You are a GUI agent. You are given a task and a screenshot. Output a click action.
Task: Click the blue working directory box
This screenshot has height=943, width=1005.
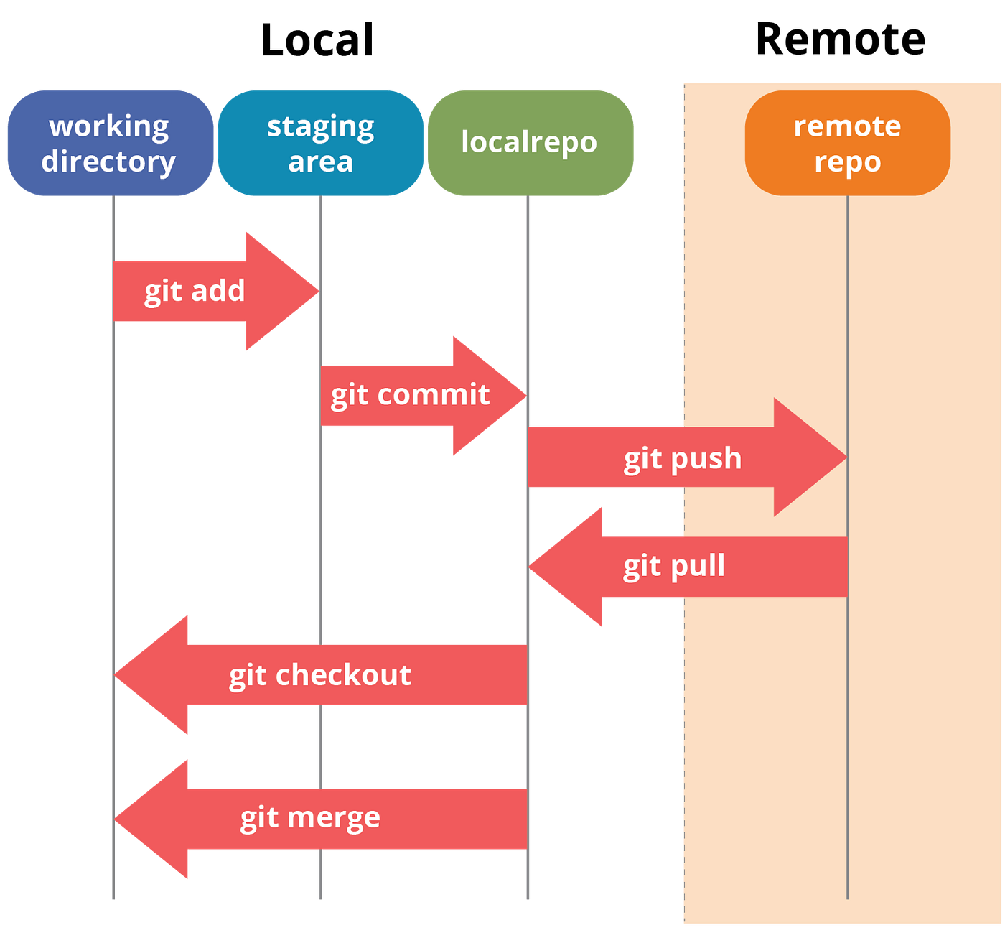(109, 143)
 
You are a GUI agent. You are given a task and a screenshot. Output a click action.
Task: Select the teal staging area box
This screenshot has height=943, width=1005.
(320, 143)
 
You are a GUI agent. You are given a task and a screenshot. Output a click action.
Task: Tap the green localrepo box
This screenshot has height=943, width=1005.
(530, 143)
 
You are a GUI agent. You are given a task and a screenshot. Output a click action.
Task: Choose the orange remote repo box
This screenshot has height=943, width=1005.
(847, 143)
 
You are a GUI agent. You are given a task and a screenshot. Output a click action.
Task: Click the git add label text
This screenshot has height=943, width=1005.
(195, 292)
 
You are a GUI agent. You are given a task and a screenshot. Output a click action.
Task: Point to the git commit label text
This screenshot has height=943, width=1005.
(410, 395)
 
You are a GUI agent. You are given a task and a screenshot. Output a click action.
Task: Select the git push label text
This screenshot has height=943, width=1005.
(682, 458)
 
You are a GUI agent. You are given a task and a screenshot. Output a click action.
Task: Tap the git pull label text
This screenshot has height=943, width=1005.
(673, 566)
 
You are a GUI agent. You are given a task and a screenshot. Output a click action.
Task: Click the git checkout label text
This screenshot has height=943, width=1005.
(320, 675)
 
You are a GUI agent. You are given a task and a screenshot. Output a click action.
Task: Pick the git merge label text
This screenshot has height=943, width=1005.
(310, 818)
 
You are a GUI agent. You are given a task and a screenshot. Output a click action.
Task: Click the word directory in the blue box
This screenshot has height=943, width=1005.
(108, 162)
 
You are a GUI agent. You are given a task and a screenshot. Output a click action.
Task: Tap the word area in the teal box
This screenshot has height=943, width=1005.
(320, 162)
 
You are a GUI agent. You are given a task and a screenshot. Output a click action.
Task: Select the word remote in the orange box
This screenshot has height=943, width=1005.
(847, 126)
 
